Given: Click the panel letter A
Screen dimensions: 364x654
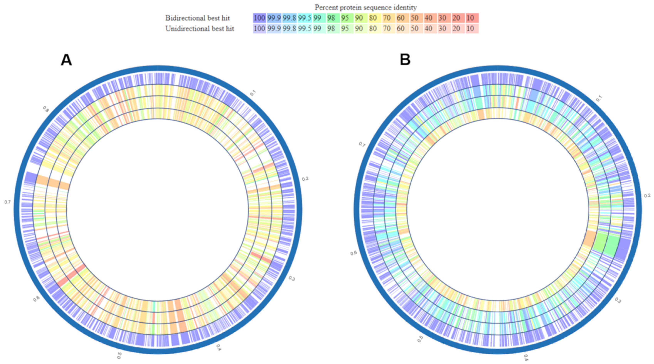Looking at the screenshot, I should [x=66, y=61].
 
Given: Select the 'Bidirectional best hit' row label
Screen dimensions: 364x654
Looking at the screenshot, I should [x=198, y=18].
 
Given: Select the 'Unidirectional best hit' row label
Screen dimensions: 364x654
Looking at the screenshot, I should [x=200, y=29].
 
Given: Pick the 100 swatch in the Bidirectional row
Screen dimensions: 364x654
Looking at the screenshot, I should [x=259, y=18].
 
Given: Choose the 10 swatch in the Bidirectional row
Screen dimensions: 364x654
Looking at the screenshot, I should [x=472, y=18].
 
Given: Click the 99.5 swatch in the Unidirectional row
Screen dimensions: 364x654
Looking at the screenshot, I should [x=304, y=29].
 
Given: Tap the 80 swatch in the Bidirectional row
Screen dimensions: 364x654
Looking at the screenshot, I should [x=373, y=18].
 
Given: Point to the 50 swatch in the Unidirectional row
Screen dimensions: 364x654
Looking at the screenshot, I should [x=415, y=29].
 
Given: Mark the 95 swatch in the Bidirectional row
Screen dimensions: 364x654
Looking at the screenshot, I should [x=345, y=18].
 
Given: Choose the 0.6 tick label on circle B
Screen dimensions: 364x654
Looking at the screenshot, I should [x=354, y=253].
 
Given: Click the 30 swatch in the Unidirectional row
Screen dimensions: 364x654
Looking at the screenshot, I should [x=442, y=29].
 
